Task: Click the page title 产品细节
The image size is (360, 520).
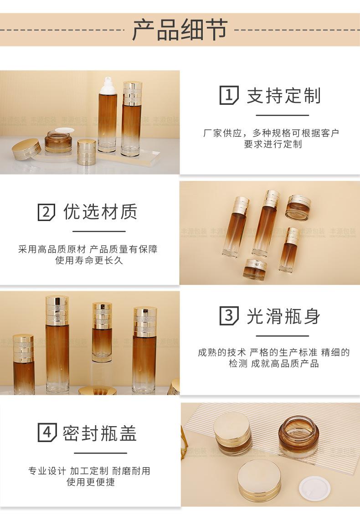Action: (180, 30)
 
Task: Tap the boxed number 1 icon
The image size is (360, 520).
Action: (229, 95)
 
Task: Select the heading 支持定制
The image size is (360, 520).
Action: (284, 96)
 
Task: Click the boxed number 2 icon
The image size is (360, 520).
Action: (46, 212)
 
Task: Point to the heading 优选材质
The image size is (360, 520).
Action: (100, 212)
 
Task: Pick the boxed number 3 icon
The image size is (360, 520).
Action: (229, 316)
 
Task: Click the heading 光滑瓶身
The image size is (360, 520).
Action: (284, 316)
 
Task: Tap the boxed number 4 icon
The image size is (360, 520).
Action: (46, 432)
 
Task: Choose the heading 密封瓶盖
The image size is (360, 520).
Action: (100, 432)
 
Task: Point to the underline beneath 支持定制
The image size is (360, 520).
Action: (283, 115)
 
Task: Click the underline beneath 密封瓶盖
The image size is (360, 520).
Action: (100, 453)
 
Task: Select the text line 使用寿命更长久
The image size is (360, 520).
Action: (89, 261)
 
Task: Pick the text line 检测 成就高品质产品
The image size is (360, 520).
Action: (273, 364)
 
